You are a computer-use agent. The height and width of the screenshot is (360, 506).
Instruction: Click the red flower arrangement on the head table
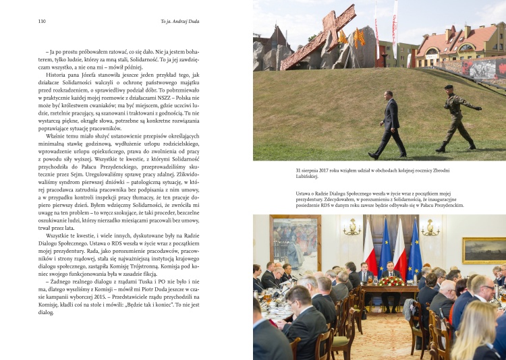(x=390, y=281)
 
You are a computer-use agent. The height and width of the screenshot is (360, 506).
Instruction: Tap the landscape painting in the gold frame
(x=484, y=250)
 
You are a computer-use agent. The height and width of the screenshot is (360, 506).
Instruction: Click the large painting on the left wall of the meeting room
(x=296, y=243)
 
